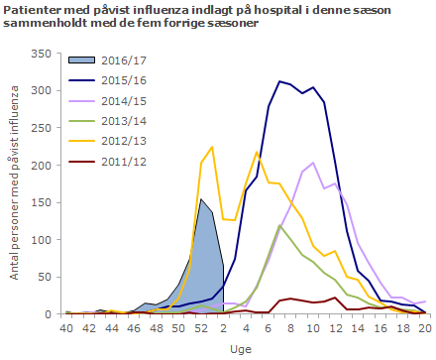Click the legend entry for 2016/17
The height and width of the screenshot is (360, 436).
tap(120, 60)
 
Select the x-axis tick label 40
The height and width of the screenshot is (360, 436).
tap(66, 327)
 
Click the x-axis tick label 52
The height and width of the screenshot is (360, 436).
tap(201, 327)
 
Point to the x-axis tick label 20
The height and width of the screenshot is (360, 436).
tap(424, 327)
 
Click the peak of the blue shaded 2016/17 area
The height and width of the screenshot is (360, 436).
tap(201, 199)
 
